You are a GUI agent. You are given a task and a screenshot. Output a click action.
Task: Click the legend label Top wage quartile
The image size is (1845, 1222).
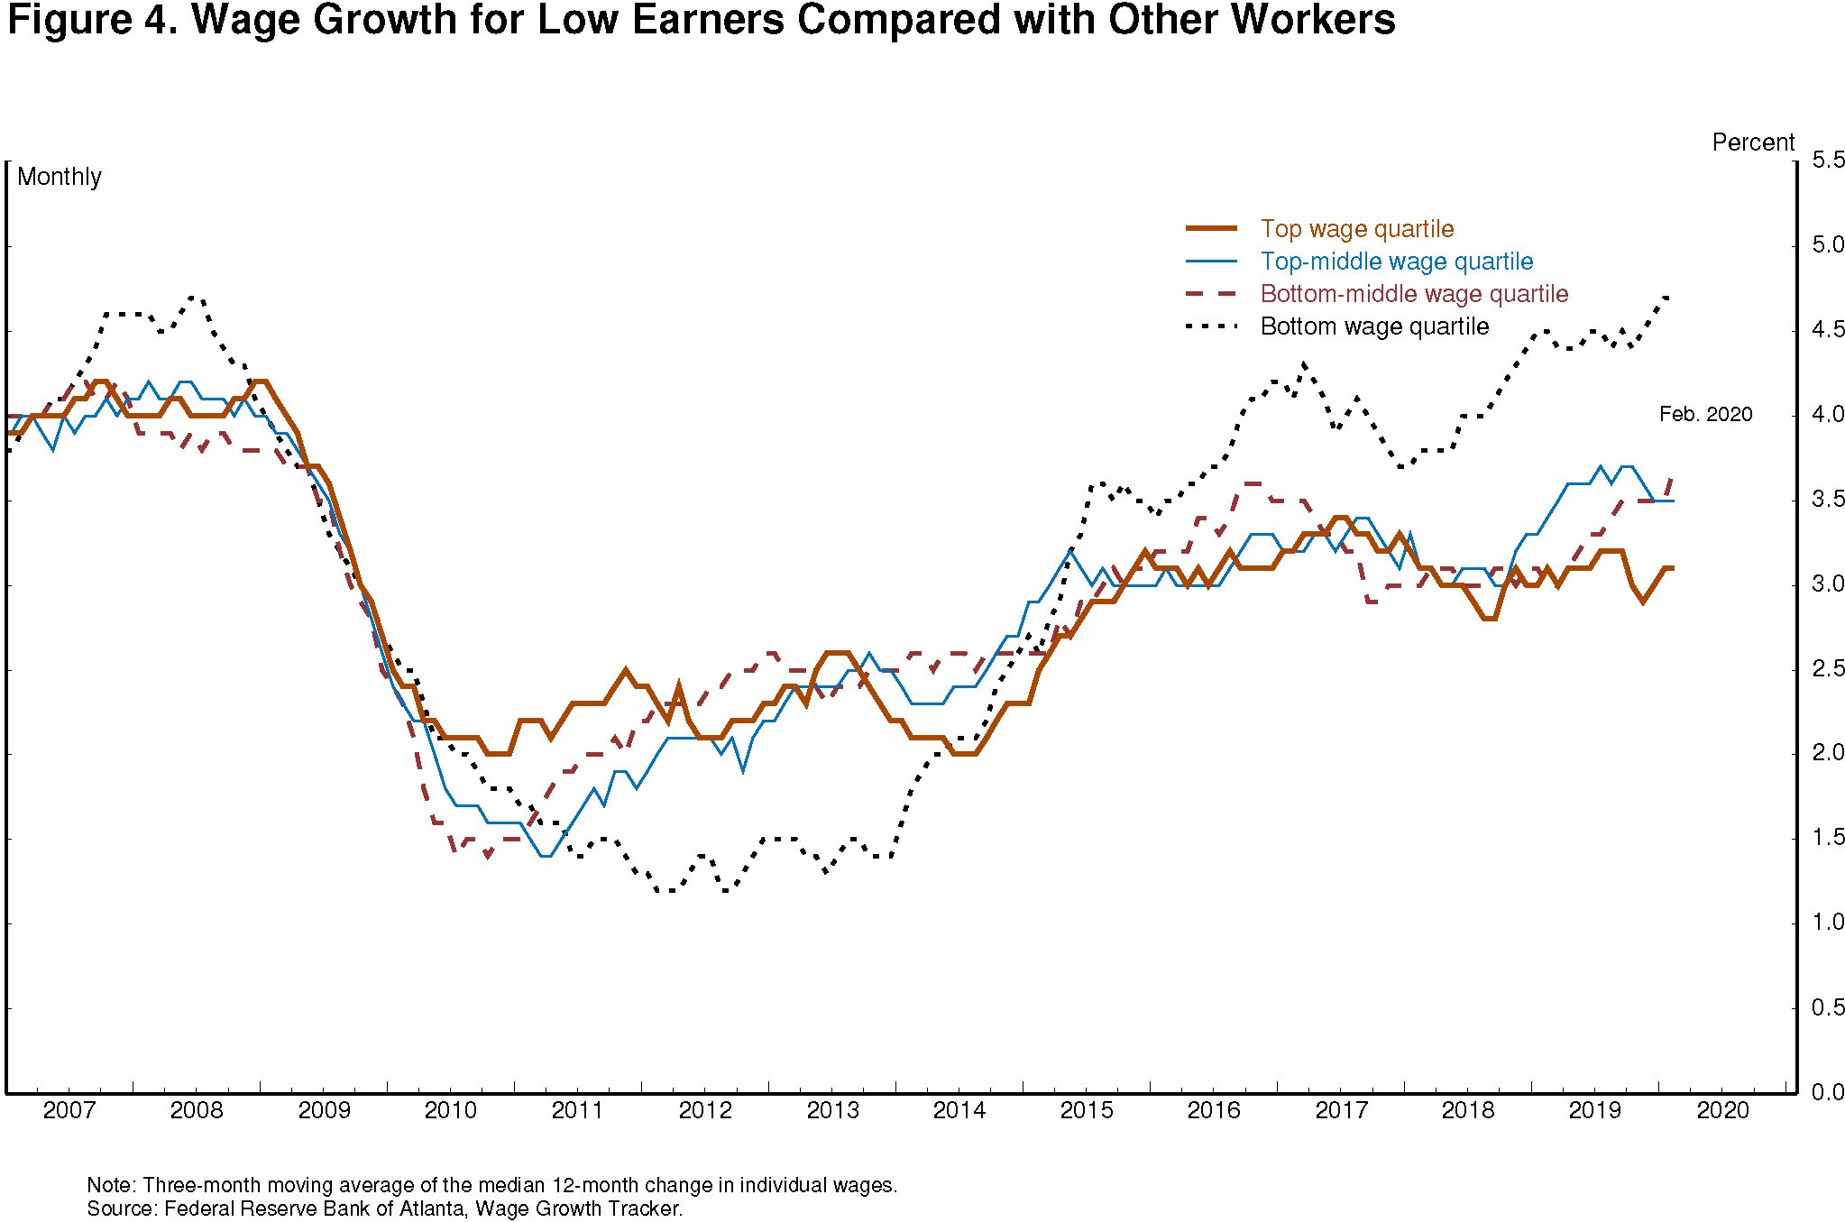(x=1356, y=229)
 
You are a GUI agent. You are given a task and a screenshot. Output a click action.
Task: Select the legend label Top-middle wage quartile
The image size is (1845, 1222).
(x=1396, y=262)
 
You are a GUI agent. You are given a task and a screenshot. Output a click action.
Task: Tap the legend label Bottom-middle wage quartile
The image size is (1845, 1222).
(x=1414, y=294)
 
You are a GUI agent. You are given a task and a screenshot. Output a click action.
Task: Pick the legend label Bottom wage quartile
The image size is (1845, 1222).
(x=1374, y=326)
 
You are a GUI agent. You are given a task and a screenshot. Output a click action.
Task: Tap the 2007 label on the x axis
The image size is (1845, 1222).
(x=69, y=1110)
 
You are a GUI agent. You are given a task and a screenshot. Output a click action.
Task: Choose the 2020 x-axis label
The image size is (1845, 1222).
(x=1722, y=1110)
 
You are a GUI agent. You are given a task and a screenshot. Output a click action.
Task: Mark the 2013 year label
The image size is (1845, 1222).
(x=832, y=1110)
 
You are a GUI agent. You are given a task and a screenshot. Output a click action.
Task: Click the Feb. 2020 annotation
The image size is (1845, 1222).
(x=1705, y=415)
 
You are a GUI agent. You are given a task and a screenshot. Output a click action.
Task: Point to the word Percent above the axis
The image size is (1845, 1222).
(x=1753, y=142)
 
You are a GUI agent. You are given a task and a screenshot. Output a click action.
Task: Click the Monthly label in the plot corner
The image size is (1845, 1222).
(x=60, y=177)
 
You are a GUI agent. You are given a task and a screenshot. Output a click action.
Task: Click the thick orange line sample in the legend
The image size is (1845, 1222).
(x=1211, y=229)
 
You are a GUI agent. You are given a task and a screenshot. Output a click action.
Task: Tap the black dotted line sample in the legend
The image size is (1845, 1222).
(x=1211, y=326)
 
